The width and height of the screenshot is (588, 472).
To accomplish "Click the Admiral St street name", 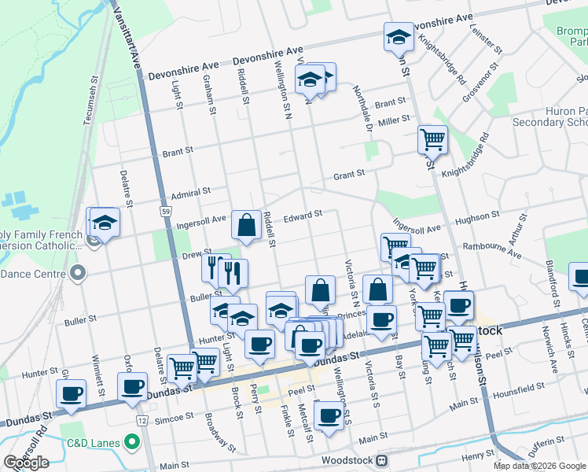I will tap(192, 191).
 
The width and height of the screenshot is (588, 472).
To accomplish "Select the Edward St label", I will tap(303, 214).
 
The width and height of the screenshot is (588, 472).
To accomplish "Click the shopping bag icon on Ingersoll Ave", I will tap(247, 225).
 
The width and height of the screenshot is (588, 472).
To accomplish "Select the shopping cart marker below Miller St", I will tap(432, 140).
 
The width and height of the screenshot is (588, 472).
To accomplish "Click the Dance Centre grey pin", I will tap(77, 273).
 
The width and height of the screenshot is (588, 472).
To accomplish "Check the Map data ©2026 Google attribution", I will tap(538, 466).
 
